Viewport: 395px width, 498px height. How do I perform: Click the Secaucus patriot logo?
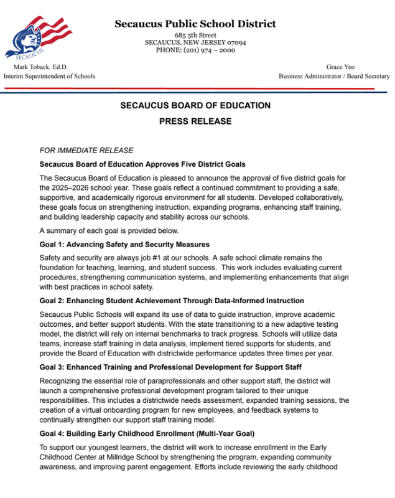coord(37,37)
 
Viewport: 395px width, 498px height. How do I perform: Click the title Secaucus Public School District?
coord(195,24)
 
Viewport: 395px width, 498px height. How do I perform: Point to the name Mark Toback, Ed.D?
coord(41,67)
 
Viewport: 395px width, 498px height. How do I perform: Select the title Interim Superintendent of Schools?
coord(50,76)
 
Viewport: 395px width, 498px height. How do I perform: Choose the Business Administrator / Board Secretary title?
coord(333,76)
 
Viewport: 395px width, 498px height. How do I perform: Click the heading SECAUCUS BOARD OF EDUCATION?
coord(195,106)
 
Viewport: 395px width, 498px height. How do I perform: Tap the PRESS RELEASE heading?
coord(195,121)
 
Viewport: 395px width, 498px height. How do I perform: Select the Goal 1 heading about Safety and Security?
coord(124,244)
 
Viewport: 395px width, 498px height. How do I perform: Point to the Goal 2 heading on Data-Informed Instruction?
coord(172,301)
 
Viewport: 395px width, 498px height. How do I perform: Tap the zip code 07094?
coord(233,42)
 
